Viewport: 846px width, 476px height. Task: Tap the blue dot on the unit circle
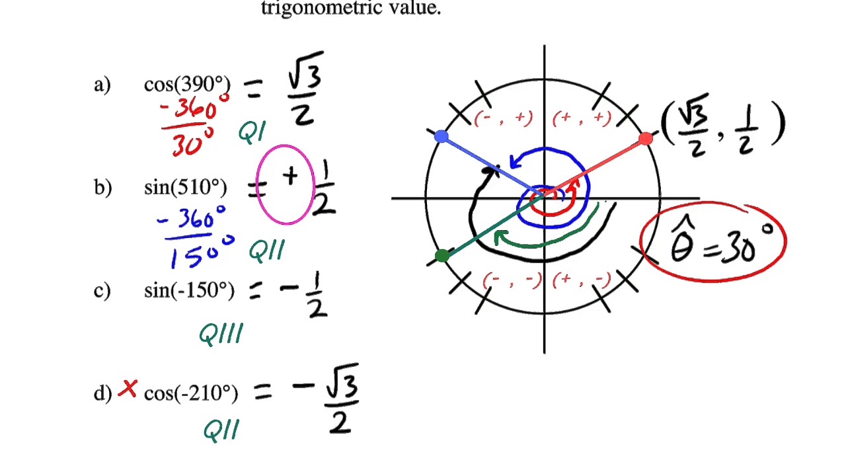[x=442, y=137]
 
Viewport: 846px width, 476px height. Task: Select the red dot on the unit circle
[x=646, y=139]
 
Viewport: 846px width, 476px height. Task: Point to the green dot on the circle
[x=442, y=256]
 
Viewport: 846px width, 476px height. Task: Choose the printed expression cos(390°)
[x=187, y=85]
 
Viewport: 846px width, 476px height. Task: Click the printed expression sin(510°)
[x=186, y=188]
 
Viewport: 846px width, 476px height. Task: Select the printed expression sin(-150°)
[x=189, y=291]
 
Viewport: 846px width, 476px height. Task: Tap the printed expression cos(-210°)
[x=190, y=393]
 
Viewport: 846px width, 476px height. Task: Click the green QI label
[x=252, y=133]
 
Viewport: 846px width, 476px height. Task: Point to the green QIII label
[x=221, y=334]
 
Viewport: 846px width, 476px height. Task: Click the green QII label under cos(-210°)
[x=221, y=430]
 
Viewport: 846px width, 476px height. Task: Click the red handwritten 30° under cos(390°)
[x=192, y=141]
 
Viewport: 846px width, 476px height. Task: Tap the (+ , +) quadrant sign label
[x=582, y=118]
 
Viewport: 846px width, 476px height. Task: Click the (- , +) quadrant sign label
[x=504, y=118]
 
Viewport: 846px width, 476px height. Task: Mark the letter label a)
[x=102, y=85]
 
